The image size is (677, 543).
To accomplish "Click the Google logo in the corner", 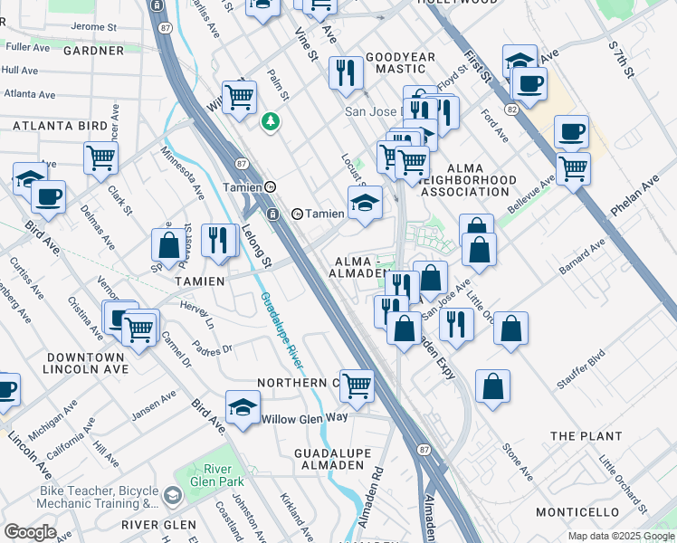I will click(x=30, y=532).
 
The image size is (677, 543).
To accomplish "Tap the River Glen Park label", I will click(x=212, y=475).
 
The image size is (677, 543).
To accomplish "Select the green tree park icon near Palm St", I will click(x=270, y=121).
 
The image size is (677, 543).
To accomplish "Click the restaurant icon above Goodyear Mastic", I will click(x=345, y=73).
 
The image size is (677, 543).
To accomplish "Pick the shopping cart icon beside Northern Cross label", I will click(x=358, y=385).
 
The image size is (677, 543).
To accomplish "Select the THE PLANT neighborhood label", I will click(x=586, y=436).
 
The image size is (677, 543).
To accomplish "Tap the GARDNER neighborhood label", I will click(x=92, y=51).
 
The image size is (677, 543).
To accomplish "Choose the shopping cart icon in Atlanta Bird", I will click(x=100, y=157).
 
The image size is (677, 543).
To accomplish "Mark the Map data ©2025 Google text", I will click(x=620, y=536).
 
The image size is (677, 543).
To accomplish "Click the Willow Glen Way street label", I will click(x=304, y=418).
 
